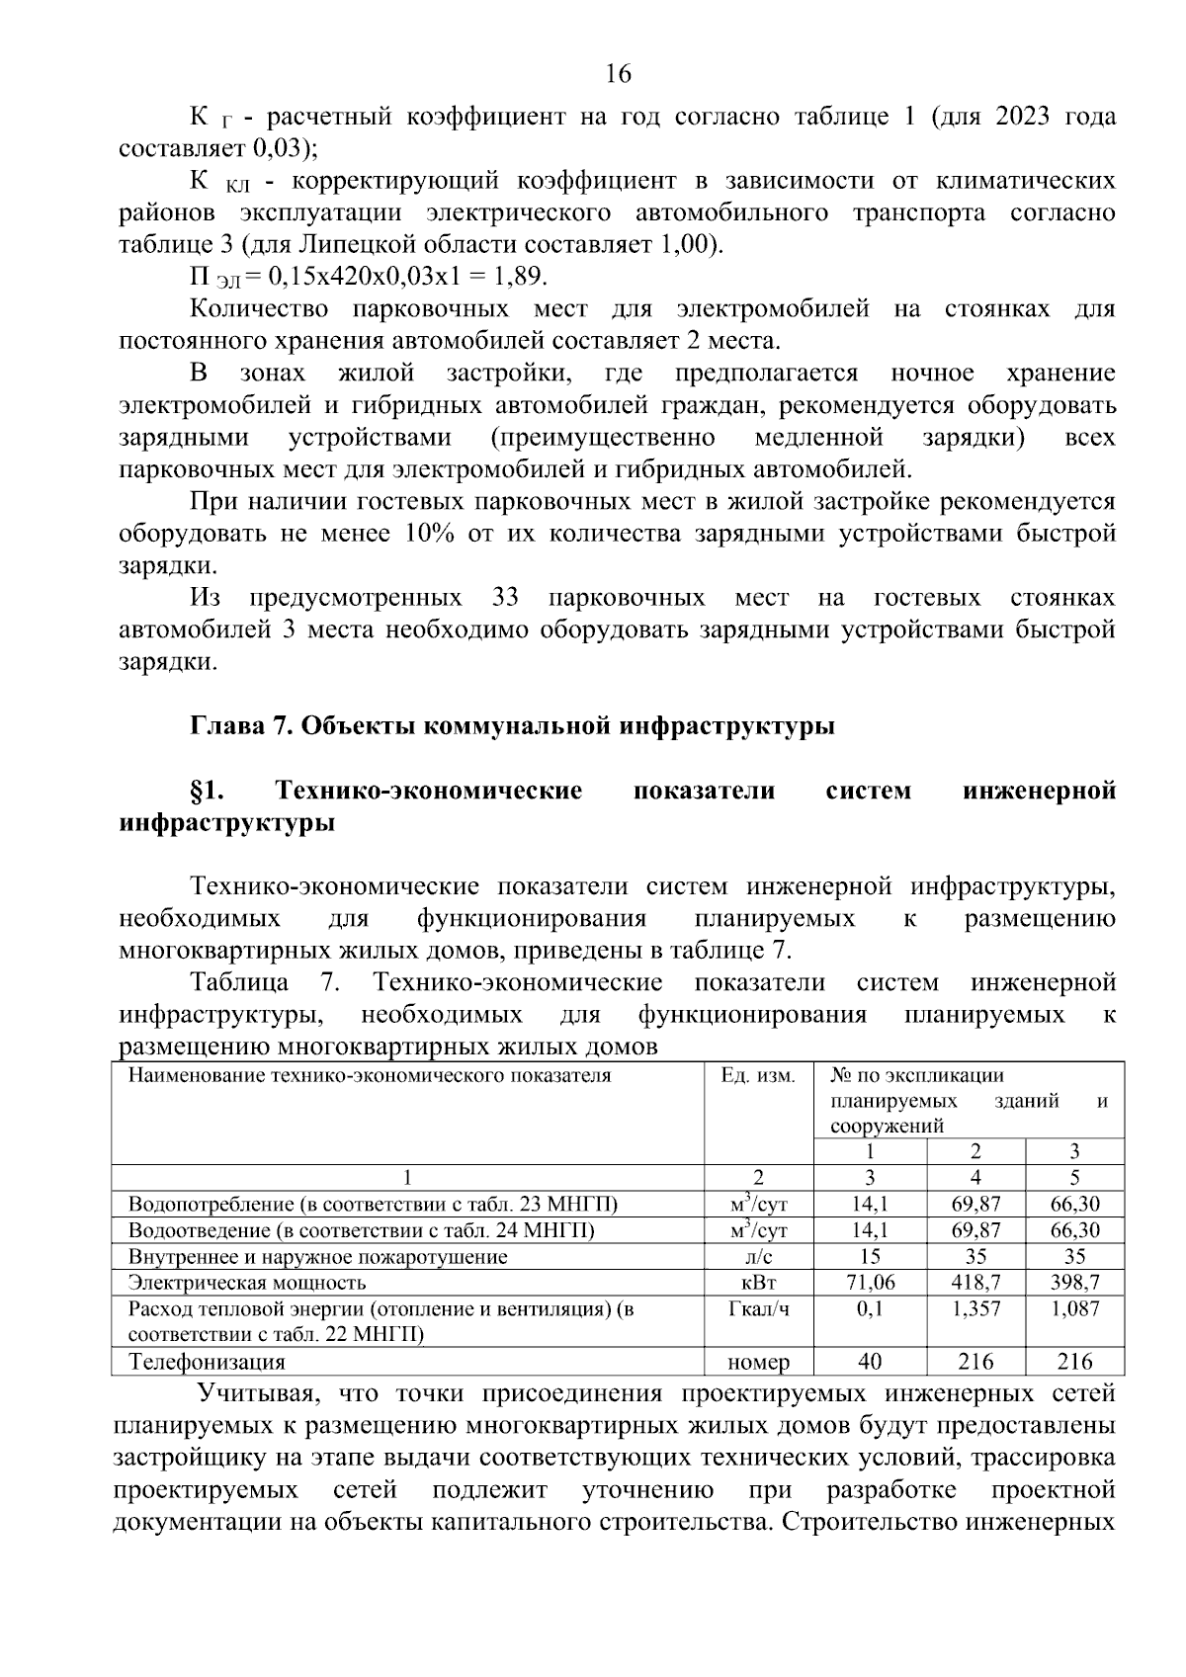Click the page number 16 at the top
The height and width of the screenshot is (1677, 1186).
pyautogui.click(x=618, y=74)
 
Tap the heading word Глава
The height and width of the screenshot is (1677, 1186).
pyautogui.click(x=221, y=726)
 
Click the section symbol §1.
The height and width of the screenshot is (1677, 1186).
pyautogui.click(x=209, y=791)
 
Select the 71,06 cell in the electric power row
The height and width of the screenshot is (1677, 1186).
pyautogui.click(x=870, y=1283)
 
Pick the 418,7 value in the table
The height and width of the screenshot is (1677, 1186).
pyautogui.click(x=975, y=1283)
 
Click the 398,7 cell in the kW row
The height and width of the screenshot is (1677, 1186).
pyautogui.click(x=1074, y=1283)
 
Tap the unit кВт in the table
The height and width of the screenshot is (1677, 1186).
pyautogui.click(x=758, y=1283)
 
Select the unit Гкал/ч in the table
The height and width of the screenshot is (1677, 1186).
pyautogui.click(x=758, y=1309)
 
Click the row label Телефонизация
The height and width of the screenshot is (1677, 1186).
pyautogui.click(x=207, y=1362)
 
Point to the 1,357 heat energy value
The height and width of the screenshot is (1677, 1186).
pyautogui.click(x=975, y=1309)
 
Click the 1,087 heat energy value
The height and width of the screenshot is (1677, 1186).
pyautogui.click(x=1074, y=1309)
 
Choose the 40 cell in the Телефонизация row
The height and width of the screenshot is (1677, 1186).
pyautogui.click(x=870, y=1362)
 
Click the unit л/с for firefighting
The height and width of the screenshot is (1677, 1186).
pyautogui.click(x=758, y=1257)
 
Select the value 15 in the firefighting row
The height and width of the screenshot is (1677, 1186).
pyautogui.click(x=870, y=1257)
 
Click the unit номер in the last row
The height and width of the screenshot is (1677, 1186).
pyautogui.click(x=758, y=1362)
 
